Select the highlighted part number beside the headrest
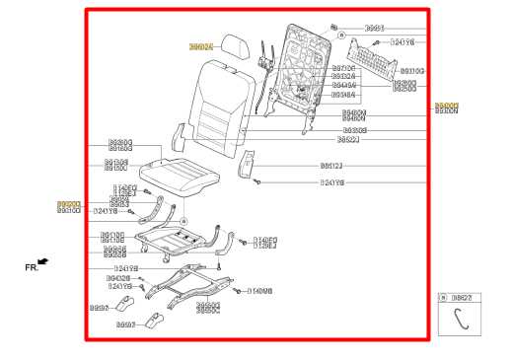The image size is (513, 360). pos(201,46)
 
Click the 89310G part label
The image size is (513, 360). pos(411,71)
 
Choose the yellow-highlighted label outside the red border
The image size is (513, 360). pos(447,107)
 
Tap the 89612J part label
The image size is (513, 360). pos(332,166)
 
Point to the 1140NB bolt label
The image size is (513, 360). pos(260,291)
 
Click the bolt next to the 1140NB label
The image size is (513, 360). pos(237,290)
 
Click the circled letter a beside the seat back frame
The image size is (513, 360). pos(341,35)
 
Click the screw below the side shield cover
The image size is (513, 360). pos(257,182)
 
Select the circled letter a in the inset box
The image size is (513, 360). pos(445,296)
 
